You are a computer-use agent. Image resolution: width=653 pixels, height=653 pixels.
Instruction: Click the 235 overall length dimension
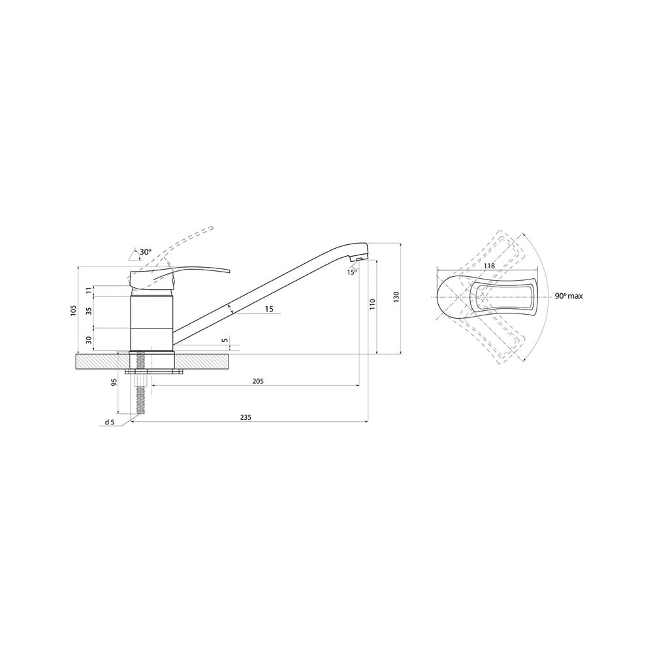(246, 417)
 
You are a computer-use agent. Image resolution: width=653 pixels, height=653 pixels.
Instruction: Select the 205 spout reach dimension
(258, 381)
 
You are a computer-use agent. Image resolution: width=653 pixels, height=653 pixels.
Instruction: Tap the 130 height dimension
(396, 297)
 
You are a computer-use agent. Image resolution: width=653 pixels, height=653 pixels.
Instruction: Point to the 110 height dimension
(373, 304)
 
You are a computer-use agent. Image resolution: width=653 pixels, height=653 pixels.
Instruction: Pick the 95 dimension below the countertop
(114, 382)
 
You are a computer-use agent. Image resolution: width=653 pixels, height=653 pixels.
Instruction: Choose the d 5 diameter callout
(110, 422)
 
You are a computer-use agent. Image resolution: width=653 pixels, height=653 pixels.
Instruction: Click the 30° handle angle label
(146, 252)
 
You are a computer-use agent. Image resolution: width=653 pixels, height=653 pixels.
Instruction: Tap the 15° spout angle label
(352, 272)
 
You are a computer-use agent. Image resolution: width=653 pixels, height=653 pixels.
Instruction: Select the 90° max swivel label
(569, 296)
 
